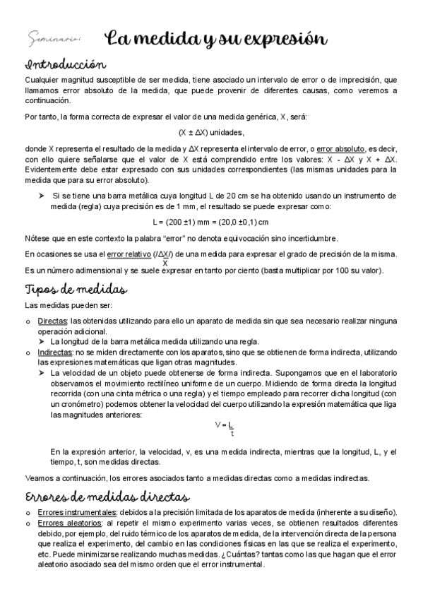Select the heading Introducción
click(65, 65)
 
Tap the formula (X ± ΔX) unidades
click(210, 132)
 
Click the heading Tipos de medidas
click(76, 290)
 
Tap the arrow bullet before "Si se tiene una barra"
click(42, 196)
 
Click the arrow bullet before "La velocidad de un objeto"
click(42, 372)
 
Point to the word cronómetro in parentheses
click(81, 404)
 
